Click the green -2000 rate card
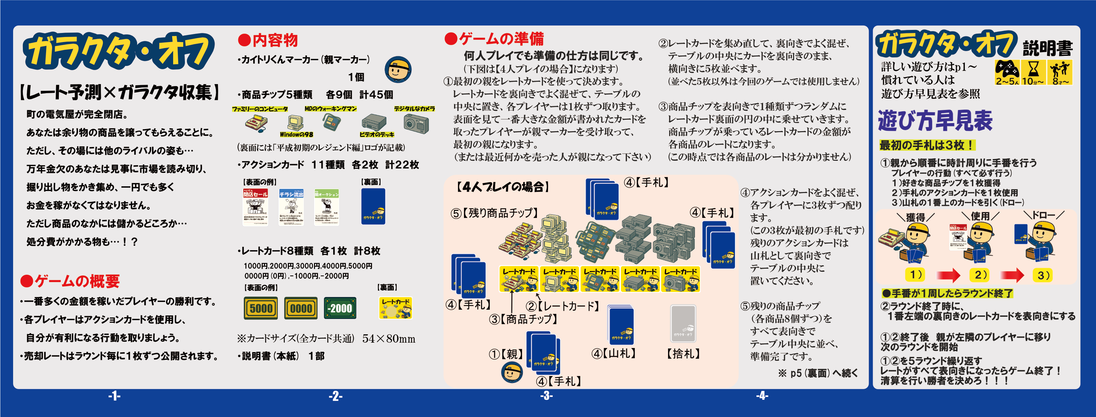340,308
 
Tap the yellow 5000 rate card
261,308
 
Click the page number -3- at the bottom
546,396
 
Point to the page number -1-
114,396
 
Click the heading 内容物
268,40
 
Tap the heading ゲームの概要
70,281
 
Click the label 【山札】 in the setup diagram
614,353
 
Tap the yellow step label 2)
981,275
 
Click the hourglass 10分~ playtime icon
1033,72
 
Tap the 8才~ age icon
1059,72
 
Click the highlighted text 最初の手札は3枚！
926,145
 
